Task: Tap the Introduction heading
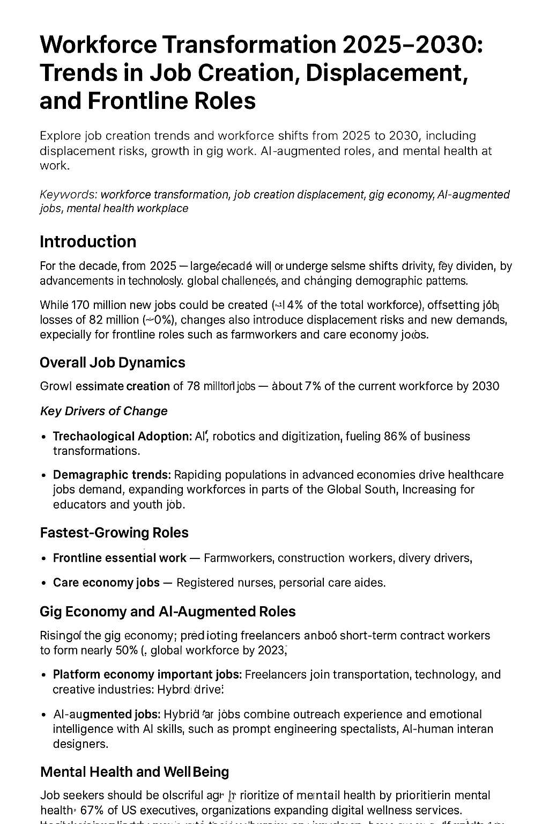[88, 241]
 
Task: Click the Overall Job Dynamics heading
[113, 363]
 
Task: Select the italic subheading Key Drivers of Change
[103, 411]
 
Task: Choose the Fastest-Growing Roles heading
[114, 533]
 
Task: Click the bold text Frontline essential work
[120, 558]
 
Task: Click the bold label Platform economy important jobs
[147, 674]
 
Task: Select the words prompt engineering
[288, 729]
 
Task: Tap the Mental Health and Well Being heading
[135, 772]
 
